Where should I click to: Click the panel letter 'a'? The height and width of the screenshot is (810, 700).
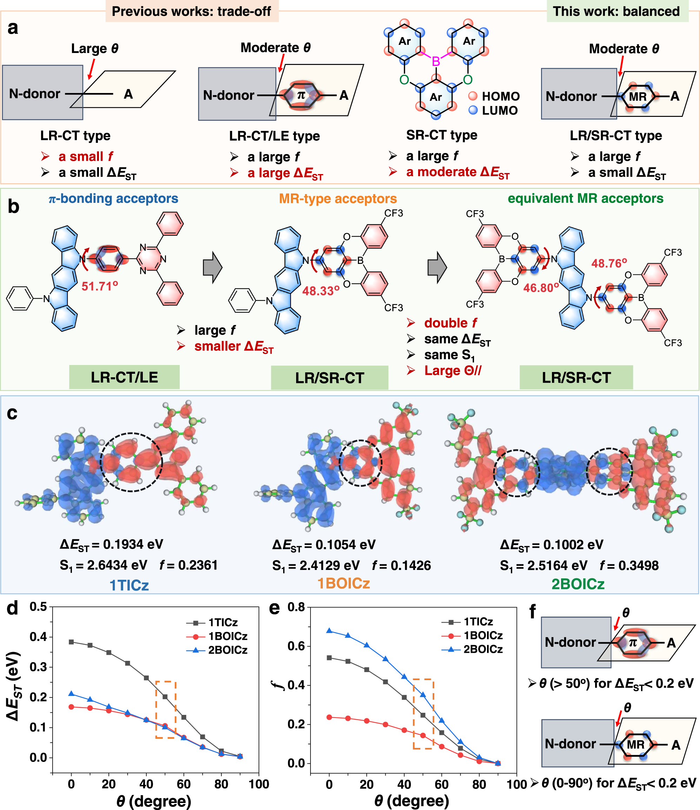[13, 28]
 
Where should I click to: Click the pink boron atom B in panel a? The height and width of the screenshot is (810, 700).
[436, 61]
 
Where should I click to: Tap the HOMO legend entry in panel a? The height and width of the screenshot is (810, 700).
[494, 96]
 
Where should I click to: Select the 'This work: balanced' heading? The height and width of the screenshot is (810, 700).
[616, 11]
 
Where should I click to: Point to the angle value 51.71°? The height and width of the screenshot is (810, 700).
[100, 286]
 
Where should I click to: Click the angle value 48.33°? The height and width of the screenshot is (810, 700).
[320, 291]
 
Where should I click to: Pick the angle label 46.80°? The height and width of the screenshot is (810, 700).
[541, 288]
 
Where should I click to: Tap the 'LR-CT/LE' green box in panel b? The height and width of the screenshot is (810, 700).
[124, 377]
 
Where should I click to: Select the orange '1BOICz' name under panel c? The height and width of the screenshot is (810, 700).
[343, 583]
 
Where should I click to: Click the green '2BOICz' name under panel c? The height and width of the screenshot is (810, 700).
[578, 584]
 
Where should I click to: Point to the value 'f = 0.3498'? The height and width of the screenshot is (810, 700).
[629, 565]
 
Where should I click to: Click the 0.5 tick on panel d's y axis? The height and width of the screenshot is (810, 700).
[38, 607]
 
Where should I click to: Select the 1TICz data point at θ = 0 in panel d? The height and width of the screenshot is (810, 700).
[71, 642]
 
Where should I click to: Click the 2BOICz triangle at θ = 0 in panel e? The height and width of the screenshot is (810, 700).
[329, 631]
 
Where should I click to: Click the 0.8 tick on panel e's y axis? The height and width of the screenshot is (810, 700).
[296, 607]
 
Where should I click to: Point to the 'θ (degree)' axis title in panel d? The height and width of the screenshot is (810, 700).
[154, 801]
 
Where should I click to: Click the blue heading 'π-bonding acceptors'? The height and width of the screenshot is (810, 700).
[113, 199]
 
